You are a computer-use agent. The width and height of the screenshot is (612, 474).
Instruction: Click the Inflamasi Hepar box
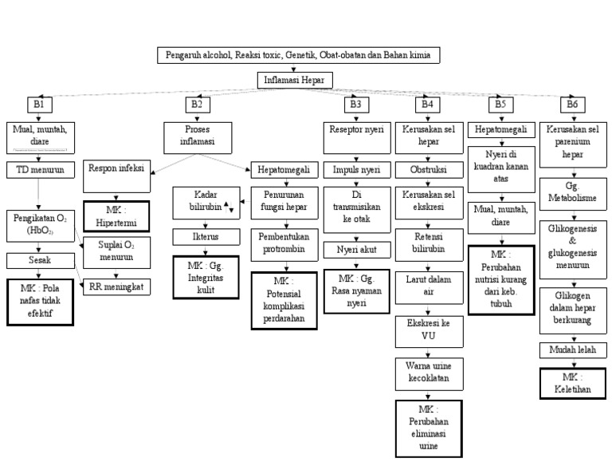point(295,80)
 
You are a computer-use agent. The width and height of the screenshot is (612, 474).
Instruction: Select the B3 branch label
point(356,104)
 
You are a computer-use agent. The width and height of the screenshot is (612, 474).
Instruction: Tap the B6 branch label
point(571,104)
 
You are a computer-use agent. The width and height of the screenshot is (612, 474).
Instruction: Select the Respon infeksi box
point(116,168)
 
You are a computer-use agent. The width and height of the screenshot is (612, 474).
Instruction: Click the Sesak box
point(39,260)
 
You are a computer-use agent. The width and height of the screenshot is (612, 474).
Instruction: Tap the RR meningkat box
point(117,286)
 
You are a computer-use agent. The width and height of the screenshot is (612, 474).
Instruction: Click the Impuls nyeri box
point(356,170)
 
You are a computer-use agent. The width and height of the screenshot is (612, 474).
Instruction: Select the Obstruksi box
point(428,170)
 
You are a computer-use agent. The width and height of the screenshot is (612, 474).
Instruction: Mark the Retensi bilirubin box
point(428,243)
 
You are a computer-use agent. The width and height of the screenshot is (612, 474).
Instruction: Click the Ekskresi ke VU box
point(428,330)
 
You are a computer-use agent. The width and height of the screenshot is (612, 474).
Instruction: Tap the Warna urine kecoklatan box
point(428,373)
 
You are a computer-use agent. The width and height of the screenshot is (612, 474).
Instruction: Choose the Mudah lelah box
point(571,350)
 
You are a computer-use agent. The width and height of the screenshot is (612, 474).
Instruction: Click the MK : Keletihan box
point(571,384)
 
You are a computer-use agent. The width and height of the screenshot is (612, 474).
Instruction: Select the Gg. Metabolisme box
point(571,192)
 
